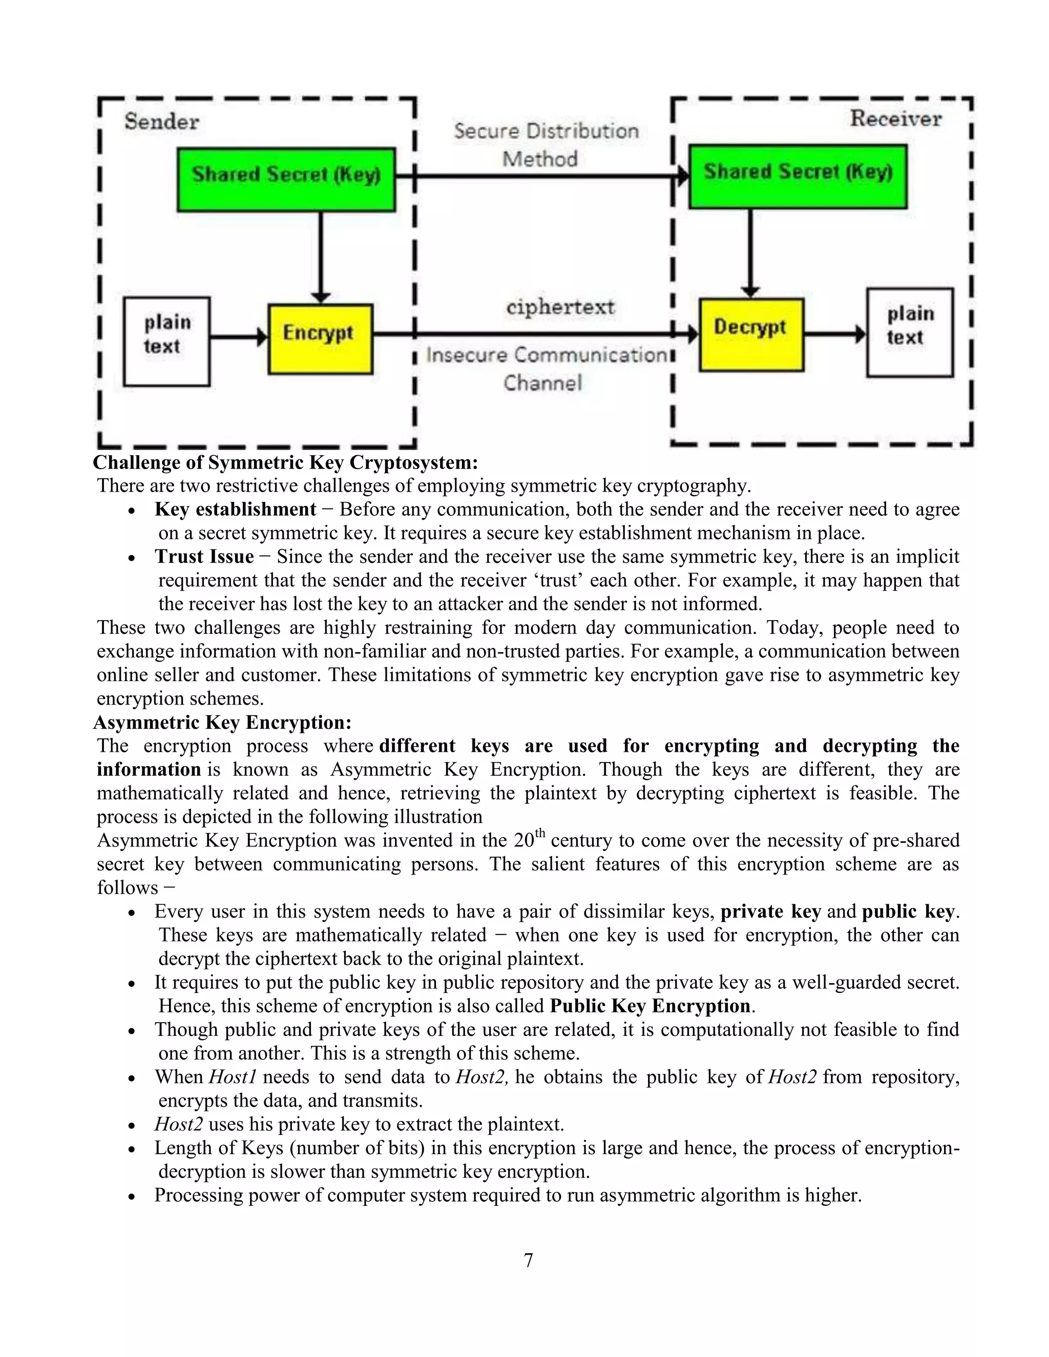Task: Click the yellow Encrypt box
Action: coord(320,338)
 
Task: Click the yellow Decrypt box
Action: coord(751,335)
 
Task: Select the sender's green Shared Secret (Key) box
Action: coord(286,179)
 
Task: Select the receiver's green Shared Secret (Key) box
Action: coord(798,176)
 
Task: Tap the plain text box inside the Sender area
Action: coord(166,341)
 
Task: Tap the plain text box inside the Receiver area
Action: coord(909,332)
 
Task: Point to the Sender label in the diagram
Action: coord(161,121)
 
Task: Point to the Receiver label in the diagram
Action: coord(895,118)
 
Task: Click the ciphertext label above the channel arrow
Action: coord(560,307)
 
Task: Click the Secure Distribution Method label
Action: coord(545,145)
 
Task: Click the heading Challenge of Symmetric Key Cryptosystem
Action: coord(285,462)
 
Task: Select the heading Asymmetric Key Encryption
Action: coord(222,722)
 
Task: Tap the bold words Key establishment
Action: coord(235,510)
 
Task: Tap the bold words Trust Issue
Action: coord(204,557)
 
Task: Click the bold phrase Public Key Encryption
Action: coord(651,1005)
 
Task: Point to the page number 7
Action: coord(528,1260)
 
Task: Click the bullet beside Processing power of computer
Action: coord(131,1197)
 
